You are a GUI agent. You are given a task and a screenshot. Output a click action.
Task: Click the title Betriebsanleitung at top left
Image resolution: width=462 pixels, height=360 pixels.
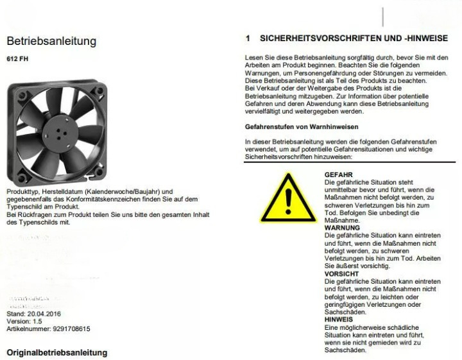[51, 41]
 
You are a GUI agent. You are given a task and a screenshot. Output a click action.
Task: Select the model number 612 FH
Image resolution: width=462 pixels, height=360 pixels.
[17, 59]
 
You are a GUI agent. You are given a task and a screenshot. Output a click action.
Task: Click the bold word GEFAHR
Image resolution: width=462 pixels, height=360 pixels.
[338, 175]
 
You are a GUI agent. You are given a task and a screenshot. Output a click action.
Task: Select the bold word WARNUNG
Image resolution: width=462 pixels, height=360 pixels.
[341, 227]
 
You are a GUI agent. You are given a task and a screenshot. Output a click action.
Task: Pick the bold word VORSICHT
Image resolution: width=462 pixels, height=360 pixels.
[341, 274]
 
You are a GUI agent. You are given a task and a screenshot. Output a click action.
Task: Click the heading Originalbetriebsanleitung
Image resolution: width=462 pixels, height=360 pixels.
[56, 353]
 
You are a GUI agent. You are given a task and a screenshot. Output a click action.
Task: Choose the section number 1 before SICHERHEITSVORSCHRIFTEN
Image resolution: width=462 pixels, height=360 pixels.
[247, 39]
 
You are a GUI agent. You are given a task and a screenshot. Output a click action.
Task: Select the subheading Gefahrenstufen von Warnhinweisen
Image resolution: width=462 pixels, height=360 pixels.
[302, 126]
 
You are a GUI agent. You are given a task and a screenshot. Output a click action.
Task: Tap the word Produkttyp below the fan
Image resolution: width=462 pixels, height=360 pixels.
[21, 192]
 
